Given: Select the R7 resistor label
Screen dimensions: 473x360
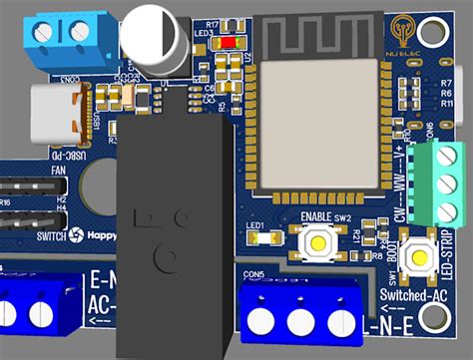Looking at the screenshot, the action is coord(446,82).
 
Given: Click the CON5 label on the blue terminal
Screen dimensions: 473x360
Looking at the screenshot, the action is coord(252,273).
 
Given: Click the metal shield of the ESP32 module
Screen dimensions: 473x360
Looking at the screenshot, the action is coord(318,125).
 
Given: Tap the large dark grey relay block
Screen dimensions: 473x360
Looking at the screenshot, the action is coord(174,229).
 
